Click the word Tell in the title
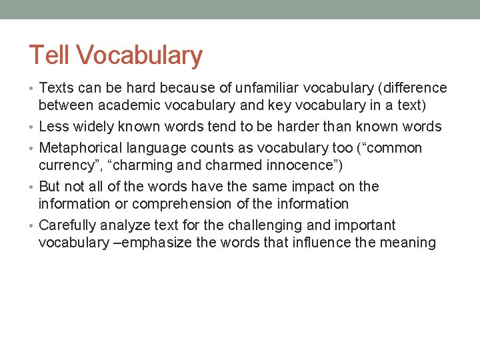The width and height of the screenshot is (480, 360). click(49, 55)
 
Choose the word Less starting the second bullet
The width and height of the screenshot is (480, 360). click(54, 127)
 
